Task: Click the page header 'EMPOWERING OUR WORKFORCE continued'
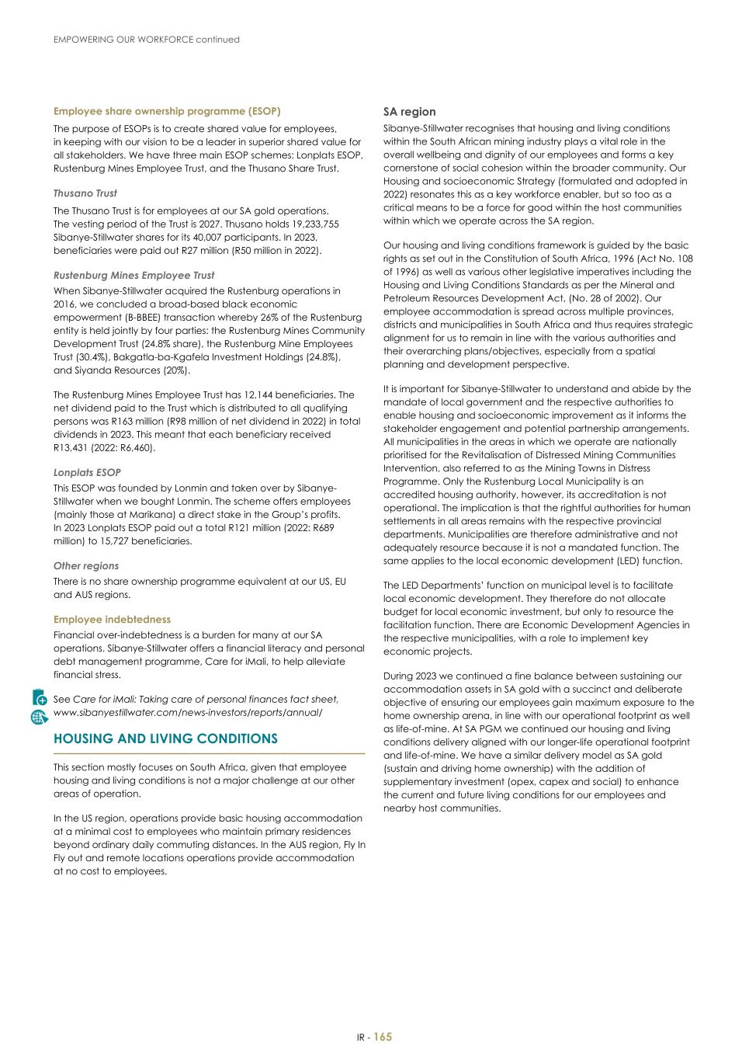146,40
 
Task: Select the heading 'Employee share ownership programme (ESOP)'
167,112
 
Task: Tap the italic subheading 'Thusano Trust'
85,193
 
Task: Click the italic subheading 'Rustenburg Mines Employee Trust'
134,276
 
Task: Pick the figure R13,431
72,448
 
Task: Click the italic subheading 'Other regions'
86,566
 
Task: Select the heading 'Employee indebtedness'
112,620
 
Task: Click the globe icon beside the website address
40,716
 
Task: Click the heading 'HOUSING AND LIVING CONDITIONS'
165,739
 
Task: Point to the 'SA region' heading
410,112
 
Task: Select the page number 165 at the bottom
383,1037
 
